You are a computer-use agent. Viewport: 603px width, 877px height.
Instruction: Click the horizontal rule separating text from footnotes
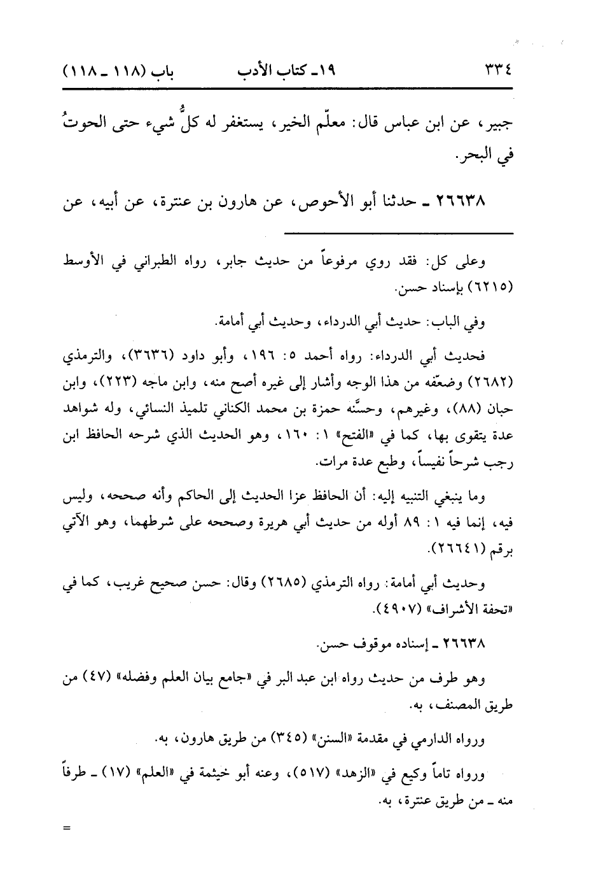pyautogui.click(x=398, y=234)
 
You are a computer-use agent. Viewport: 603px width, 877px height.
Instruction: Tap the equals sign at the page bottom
pyautogui.click(x=63, y=828)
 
